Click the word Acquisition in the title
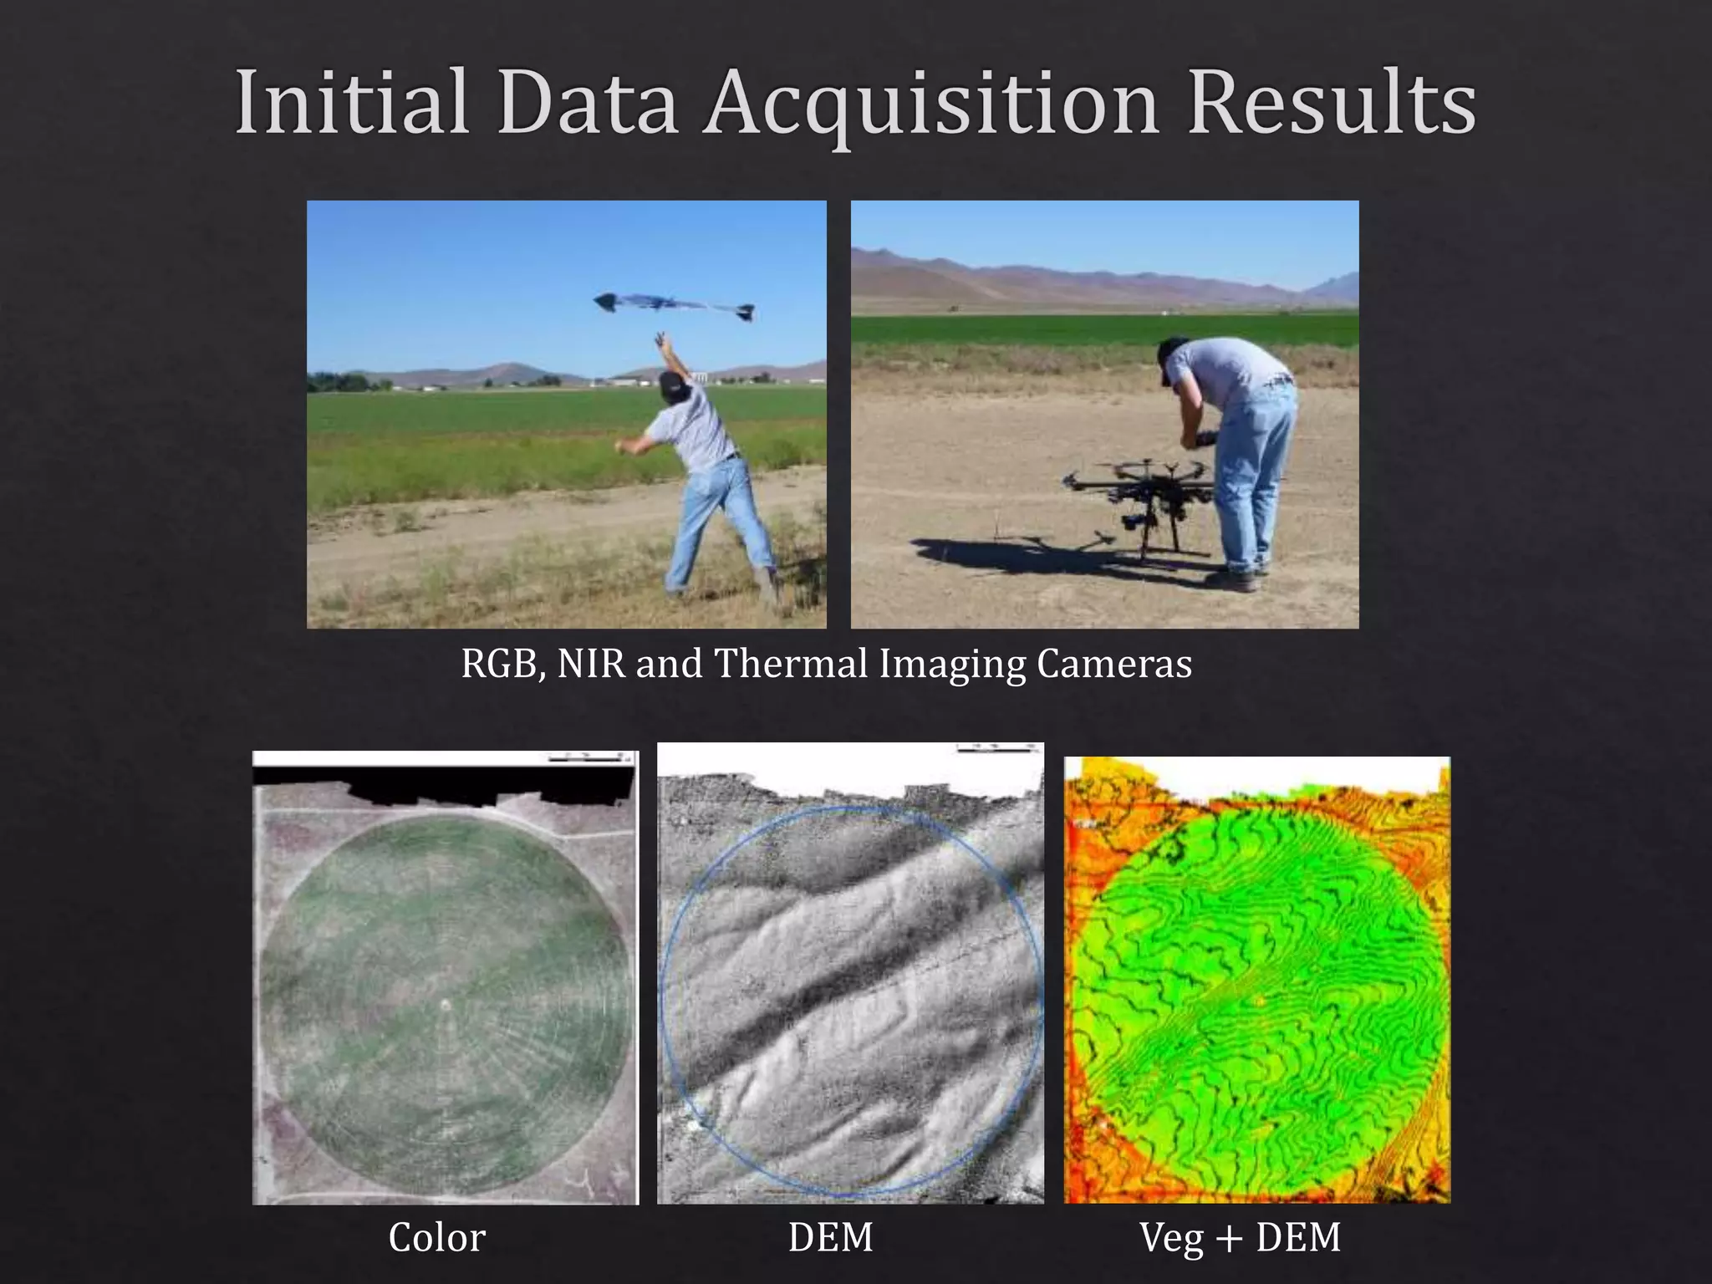930,104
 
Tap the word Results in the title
1332,104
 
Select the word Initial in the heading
351,104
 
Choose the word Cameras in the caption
1113,665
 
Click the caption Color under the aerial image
436,1238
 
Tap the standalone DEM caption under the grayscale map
830,1238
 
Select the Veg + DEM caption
1240,1238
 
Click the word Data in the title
586,104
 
